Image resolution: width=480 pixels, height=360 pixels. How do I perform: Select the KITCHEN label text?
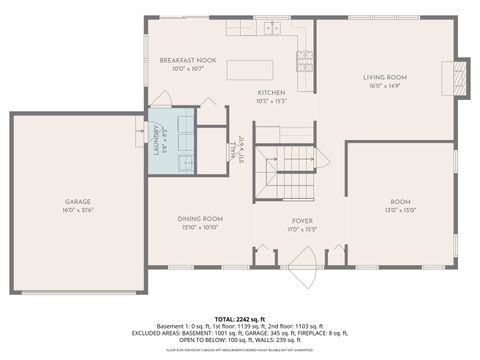click(x=272, y=92)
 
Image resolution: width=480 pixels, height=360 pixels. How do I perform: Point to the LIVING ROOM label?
click(x=384, y=77)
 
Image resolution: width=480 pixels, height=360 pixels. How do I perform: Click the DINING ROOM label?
click(x=200, y=218)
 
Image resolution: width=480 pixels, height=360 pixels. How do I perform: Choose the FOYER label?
click(x=302, y=220)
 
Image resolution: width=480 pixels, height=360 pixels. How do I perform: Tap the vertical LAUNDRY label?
click(x=156, y=136)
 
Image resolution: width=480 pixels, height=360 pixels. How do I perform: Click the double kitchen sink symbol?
click(x=272, y=29)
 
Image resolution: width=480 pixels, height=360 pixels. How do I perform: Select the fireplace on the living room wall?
click(x=459, y=75)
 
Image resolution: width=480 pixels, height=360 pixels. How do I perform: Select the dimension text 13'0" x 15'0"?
click(x=401, y=210)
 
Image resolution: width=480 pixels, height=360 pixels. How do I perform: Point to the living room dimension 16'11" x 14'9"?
click(x=384, y=85)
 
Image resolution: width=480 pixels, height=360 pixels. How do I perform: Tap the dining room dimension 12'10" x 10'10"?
click(x=200, y=227)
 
